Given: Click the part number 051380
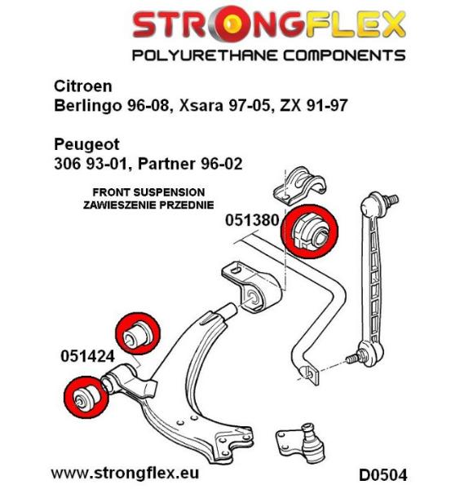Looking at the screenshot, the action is [252, 220].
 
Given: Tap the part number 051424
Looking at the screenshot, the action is [88, 356].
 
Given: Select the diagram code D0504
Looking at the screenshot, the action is [383, 475].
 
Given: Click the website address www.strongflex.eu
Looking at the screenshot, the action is [125, 473].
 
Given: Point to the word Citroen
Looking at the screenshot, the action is [83, 86].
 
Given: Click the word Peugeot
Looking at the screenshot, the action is [86, 145].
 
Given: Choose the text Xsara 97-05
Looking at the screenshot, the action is [223, 105].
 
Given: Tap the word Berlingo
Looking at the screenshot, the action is [87, 106].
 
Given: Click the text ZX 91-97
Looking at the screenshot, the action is [314, 105].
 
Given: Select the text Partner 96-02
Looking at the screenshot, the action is [190, 164].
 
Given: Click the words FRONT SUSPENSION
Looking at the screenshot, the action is [148, 192].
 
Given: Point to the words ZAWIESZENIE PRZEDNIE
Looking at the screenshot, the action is [148, 205].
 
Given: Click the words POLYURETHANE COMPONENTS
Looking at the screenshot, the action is [269, 55].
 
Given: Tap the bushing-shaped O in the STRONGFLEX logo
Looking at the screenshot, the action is [228, 24].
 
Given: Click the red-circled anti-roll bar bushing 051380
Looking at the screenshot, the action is [310, 231].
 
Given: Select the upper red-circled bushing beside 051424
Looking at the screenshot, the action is [138, 333].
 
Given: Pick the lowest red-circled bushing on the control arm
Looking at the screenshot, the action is [86, 396].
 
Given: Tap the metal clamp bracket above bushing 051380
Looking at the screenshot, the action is [299, 186].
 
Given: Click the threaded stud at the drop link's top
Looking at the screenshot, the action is [392, 200].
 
